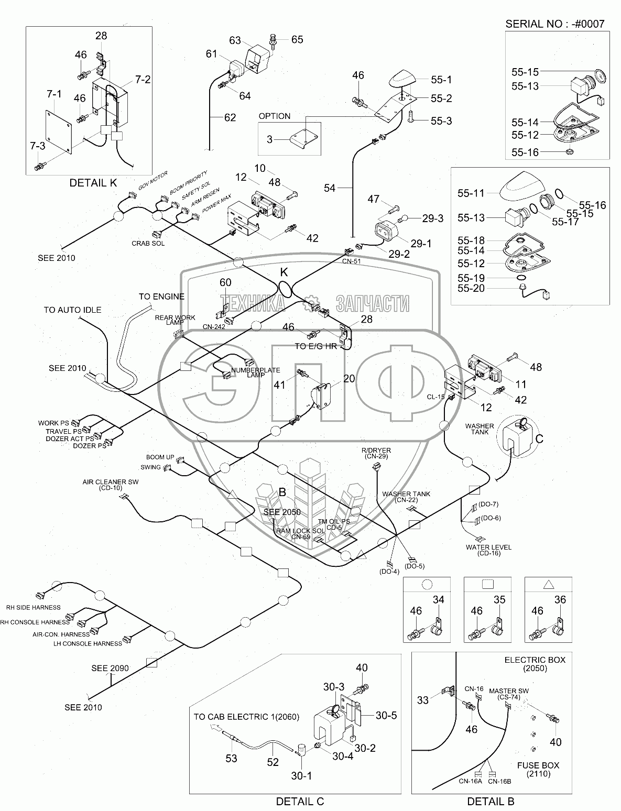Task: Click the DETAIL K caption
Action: (x=93, y=183)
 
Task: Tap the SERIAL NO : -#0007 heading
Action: (x=554, y=24)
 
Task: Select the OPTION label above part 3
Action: (x=274, y=116)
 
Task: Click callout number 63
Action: (x=235, y=40)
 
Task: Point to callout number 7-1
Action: (x=54, y=94)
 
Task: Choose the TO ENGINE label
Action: (x=161, y=297)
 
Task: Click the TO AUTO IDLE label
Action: (x=72, y=310)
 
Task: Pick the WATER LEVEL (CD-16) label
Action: (x=488, y=550)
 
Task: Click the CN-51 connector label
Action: (x=352, y=261)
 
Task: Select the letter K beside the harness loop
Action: (x=284, y=272)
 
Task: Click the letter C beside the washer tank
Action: (x=539, y=439)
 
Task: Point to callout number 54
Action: (x=330, y=188)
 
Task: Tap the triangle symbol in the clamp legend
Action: (x=549, y=585)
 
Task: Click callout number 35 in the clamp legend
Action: (x=499, y=599)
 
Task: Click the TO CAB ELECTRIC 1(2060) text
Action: (x=246, y=717)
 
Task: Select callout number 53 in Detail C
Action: (x=232, y=759)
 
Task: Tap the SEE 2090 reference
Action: (x=110, y=668)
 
